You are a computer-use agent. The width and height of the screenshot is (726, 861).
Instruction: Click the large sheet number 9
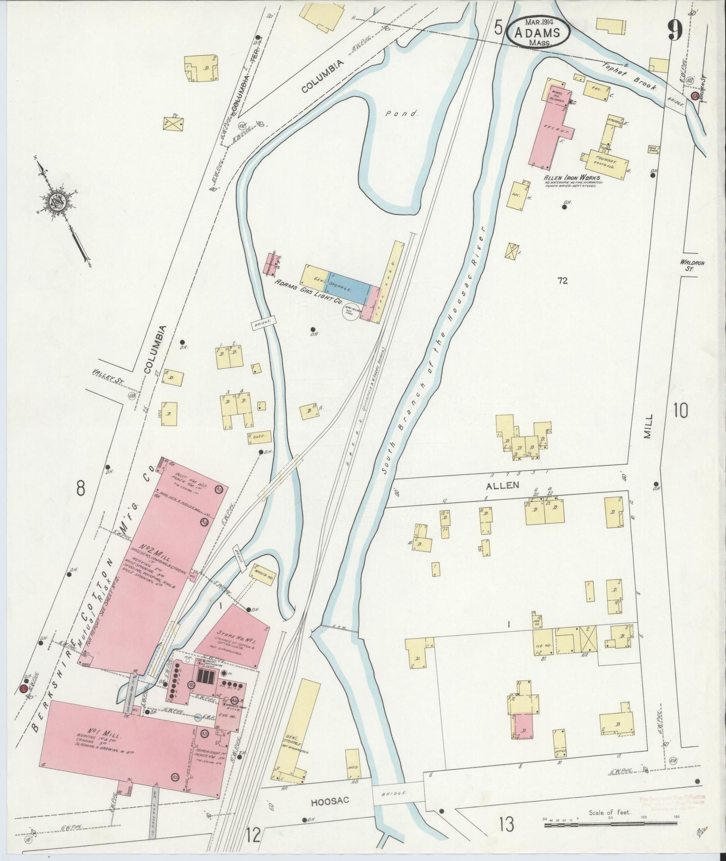pos(675,31)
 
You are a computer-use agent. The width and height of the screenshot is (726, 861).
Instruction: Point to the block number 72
pos(562,281)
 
